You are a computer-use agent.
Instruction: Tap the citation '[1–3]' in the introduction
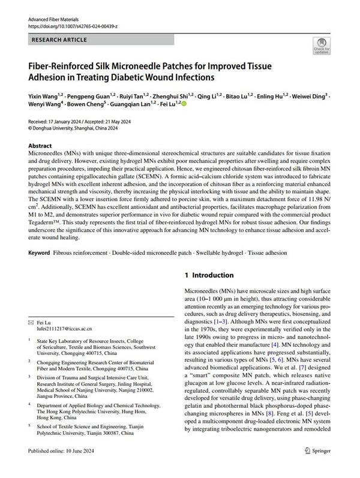click(220, 321)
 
